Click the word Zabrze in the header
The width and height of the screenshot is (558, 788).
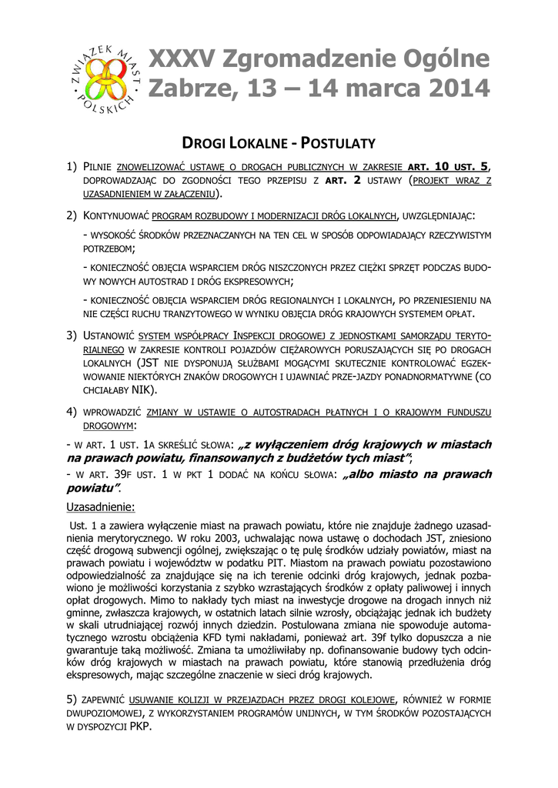coord(187,89)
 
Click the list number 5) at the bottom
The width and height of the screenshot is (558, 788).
coord(72,699)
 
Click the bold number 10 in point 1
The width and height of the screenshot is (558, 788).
coord(443,166)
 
